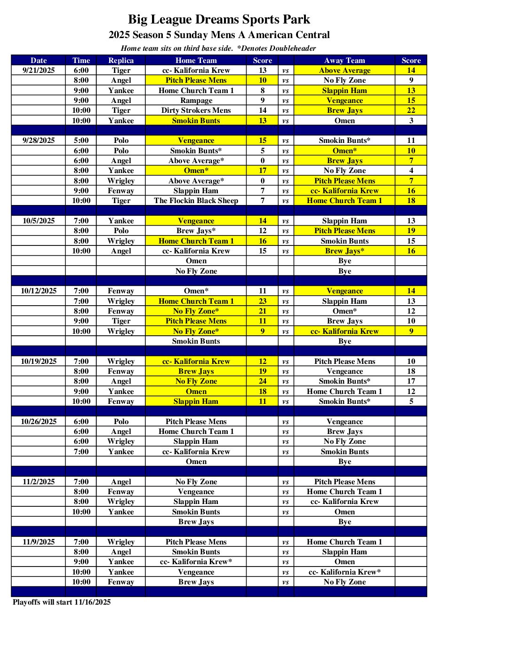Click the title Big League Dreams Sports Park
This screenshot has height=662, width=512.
219,19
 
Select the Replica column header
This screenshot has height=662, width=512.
121,60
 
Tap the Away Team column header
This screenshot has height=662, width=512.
344,60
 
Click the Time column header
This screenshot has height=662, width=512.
81,60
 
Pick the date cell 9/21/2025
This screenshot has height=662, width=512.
39,71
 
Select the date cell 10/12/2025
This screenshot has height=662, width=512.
39,291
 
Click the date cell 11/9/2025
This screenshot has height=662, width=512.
39,542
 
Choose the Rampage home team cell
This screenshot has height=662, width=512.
196,101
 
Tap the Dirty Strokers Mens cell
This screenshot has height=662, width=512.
196,110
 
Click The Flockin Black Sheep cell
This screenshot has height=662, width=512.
196,201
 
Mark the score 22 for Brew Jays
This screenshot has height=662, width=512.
411,110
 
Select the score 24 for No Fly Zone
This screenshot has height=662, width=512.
263,381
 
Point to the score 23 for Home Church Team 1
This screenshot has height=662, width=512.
263,301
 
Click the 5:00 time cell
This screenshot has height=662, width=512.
81,141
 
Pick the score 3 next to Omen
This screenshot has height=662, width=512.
411,121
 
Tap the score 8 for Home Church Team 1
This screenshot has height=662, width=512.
263,91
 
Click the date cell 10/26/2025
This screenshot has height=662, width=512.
39,422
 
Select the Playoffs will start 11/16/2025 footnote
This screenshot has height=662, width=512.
62,602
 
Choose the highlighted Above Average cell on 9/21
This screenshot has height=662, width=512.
344,71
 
